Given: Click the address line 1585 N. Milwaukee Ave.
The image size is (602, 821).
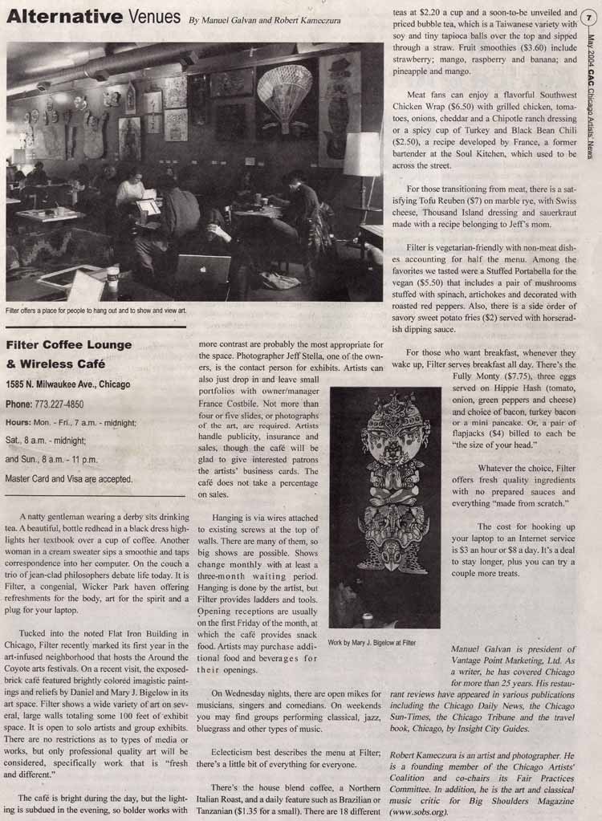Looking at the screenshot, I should pos(67,384).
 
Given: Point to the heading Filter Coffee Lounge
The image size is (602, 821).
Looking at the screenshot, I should pos(69,345).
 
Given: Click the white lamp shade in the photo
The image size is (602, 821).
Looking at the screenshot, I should pos(361,154).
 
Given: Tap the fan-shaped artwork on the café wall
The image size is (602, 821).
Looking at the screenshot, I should pos(284,93).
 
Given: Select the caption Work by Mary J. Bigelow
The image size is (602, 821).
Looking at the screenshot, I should pos(372,643).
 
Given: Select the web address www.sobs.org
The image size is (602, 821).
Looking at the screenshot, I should pos(418,811).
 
